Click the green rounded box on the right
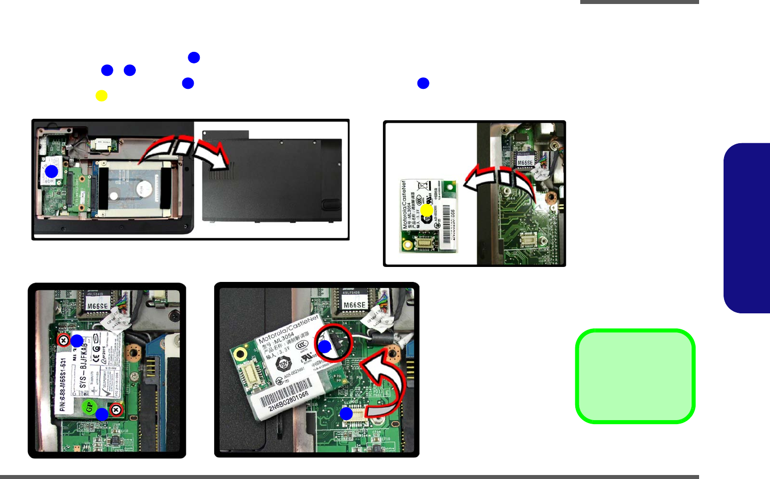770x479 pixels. (x=635, y=376)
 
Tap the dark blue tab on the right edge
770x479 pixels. (x=748, y=228)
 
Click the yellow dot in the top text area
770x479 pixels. (x=101, y=96)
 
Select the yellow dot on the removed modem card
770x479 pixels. (x=426, y=211)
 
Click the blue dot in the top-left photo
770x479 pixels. (x=51, y=172)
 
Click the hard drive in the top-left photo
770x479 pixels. (x=131, y=187)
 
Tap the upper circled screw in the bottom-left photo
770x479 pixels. (x=63, y=341)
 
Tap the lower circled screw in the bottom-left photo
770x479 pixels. (x=116, y=410)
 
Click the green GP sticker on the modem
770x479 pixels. (x=89, y=407)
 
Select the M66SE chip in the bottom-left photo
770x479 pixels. (x=97, y=306)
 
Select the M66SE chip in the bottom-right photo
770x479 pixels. (x=355, y=305)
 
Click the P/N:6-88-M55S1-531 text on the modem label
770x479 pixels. (x=63, y=384)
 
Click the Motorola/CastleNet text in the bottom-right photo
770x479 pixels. (x=288, y=329)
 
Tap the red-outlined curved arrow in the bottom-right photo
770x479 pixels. (x=387, y=384)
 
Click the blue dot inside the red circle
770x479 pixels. (x=325, y=347)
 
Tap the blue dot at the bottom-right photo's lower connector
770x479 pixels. (x=346, y=414)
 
